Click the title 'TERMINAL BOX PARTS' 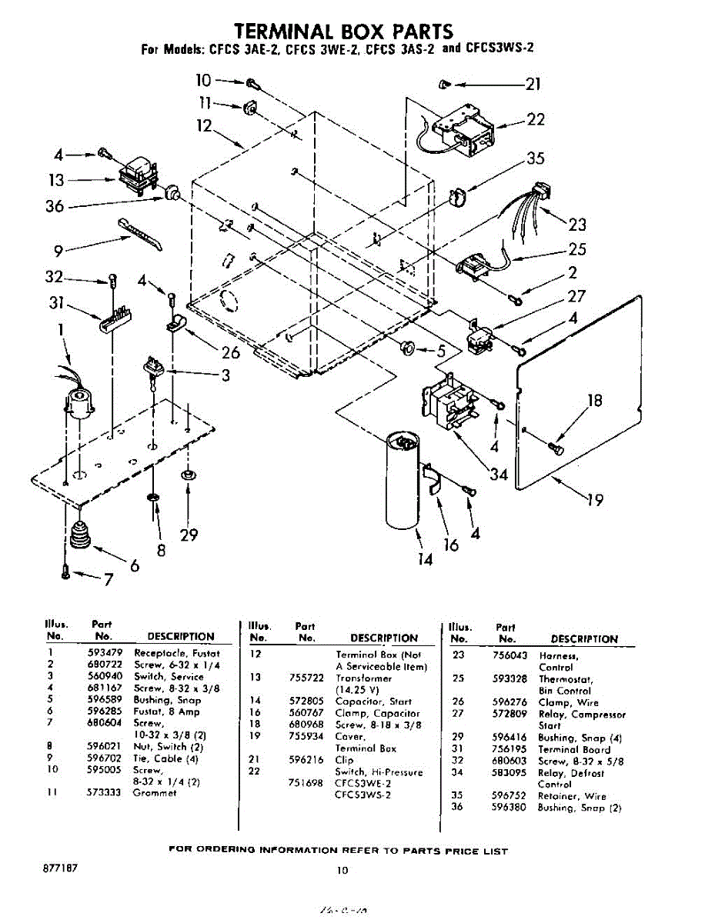click(343, 31)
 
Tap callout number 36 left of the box click(55, 206)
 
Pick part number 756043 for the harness click(509, 655)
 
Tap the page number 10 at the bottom click(342, 871)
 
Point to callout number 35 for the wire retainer click(536, 158)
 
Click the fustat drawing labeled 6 click(78, 534)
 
